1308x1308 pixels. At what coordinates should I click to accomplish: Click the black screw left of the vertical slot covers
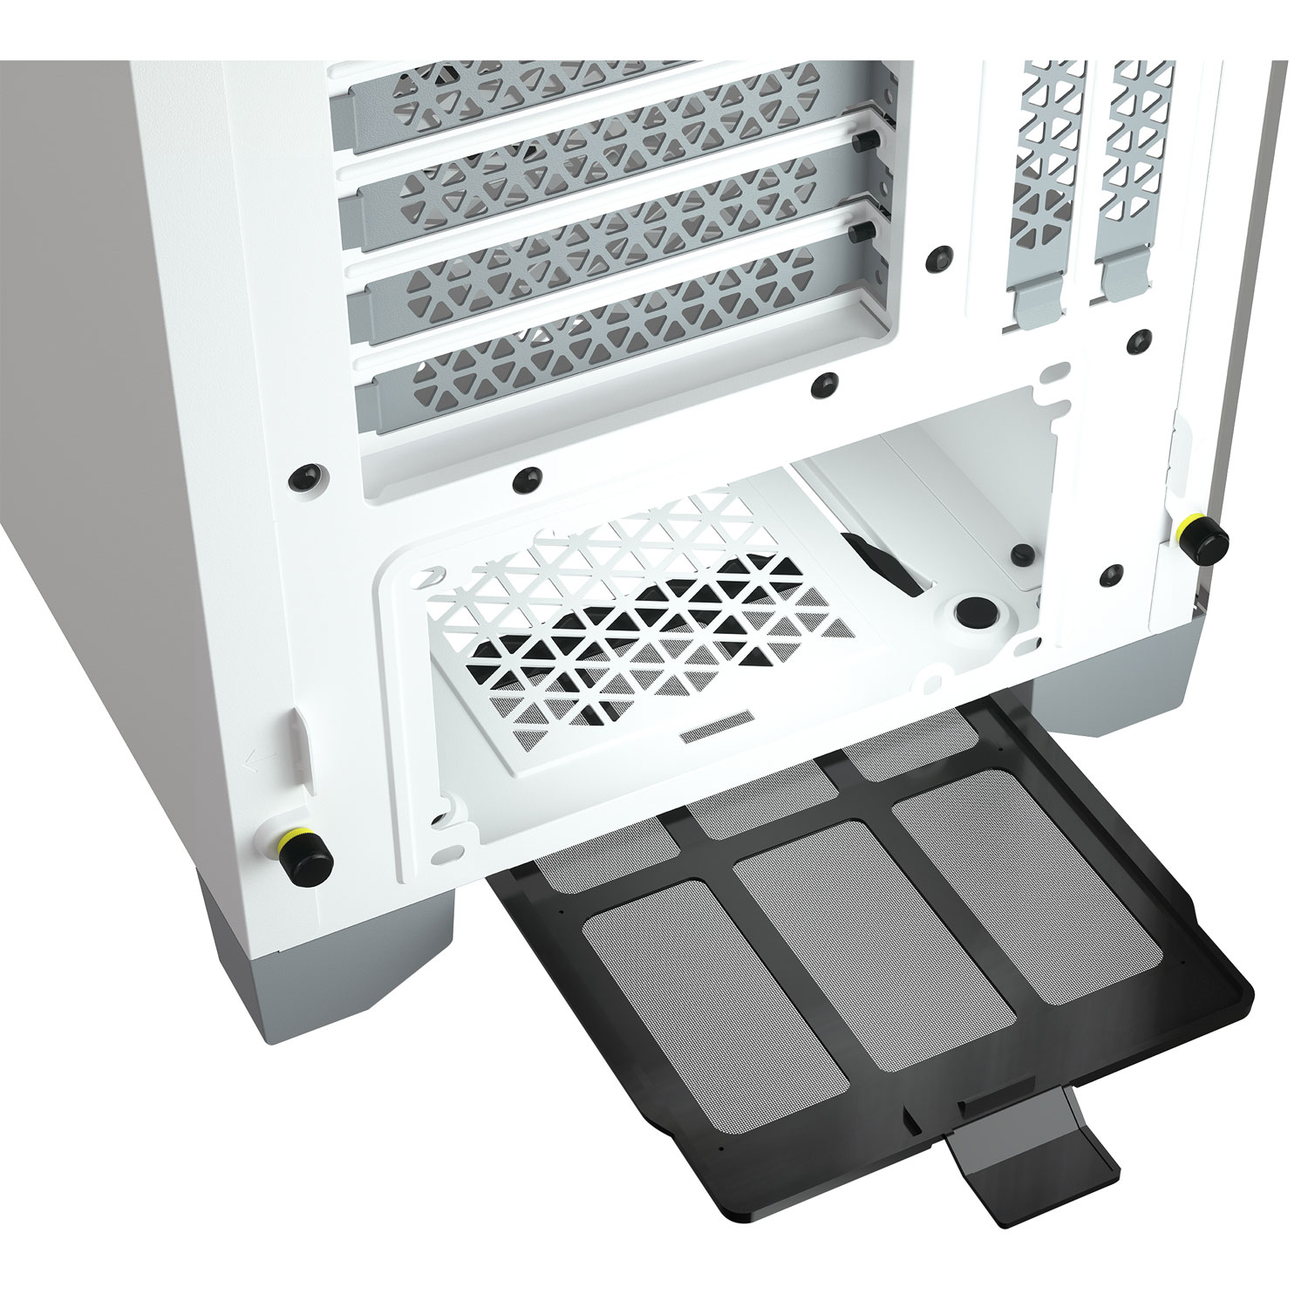937,256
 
